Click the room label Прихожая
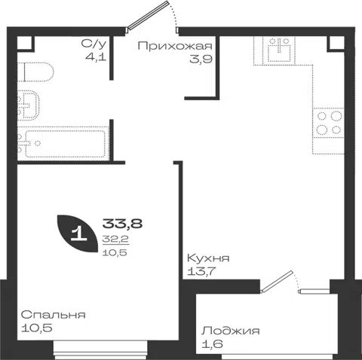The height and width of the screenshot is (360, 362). (x=175, y=46)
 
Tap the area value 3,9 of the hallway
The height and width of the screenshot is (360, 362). (x=201, y=59)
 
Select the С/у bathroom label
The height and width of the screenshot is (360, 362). (x=94, y=44)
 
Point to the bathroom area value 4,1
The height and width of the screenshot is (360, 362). (x=96, y=57)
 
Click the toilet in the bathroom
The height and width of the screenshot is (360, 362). (x=35, y=72)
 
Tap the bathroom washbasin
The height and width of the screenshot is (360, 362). (x=28, y=105)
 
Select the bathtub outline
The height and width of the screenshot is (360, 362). (x=63, y=143)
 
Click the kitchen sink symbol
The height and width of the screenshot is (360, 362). (x=278, y=50)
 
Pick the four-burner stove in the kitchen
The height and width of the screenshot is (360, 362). (x=328, y=123)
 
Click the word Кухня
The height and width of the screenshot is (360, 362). (x=208, y=258)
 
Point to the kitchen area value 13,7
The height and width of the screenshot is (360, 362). (x=201, y=271)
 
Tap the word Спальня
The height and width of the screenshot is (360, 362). (x=54, y=315)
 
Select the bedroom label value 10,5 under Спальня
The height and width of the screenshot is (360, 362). (x=36, y=328)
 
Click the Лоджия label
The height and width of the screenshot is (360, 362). (x=230, y=331)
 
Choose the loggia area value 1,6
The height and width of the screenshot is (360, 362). (x=212, y=344)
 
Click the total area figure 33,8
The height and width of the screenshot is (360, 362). (x=122, y=223)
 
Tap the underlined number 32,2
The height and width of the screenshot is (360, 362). (x=115, y=239)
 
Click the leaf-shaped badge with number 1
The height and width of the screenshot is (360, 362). (x=77, y=233)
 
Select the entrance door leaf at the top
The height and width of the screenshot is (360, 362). (x=148, y=15)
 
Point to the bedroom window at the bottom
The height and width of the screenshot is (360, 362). (x=100, y=350)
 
